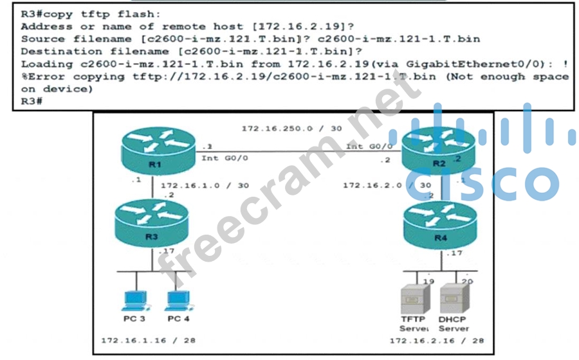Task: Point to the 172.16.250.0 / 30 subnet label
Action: point(291,129)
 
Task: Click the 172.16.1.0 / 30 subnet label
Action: point(205,185)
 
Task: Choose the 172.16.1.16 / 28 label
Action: point(148,340)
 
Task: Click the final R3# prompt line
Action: point(32,101)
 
